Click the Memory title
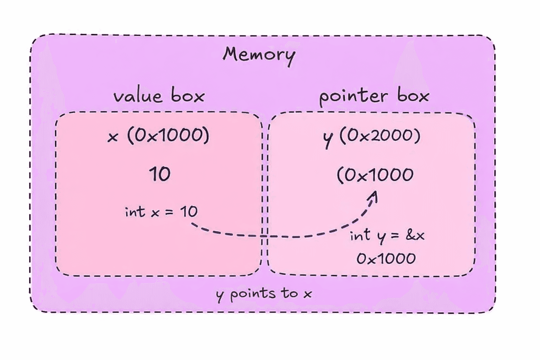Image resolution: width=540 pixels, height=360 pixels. pos(259,55)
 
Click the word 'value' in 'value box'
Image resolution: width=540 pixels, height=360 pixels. pos(138,96)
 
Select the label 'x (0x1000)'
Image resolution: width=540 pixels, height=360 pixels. pos(159,136)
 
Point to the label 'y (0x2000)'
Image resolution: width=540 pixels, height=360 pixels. pos(372,136)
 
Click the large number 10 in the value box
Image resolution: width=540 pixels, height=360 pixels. pos(160,174)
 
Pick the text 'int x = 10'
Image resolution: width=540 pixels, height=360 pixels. pos(161,212)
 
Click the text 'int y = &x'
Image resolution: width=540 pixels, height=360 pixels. pos(387,236)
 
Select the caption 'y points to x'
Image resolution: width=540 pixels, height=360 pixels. pos(264,294)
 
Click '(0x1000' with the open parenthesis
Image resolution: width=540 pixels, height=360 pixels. pos(375,175)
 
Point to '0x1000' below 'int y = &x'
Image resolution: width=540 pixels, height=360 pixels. pos(386,259)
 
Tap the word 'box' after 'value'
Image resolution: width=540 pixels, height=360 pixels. pos(188,96)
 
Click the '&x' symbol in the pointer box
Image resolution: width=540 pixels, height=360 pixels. pos(415,235)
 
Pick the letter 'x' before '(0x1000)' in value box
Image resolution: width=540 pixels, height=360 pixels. pos(112,137)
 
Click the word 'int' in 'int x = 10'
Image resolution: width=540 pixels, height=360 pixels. pos(135,212)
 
